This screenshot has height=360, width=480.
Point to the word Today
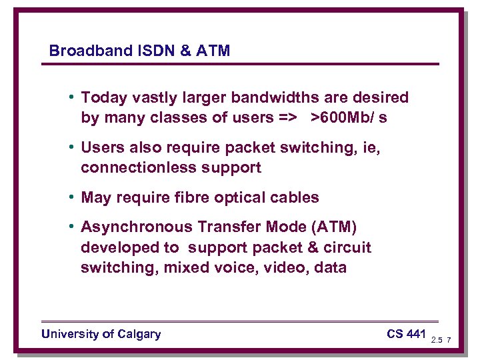102,98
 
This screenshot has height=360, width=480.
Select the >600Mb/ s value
349,118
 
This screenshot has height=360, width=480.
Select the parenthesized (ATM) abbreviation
337,228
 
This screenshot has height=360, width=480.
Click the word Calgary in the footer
138,334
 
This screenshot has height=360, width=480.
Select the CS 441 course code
405,333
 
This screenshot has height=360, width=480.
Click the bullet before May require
71,197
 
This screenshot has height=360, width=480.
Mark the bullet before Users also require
71,148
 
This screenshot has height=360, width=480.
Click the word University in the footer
69,334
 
